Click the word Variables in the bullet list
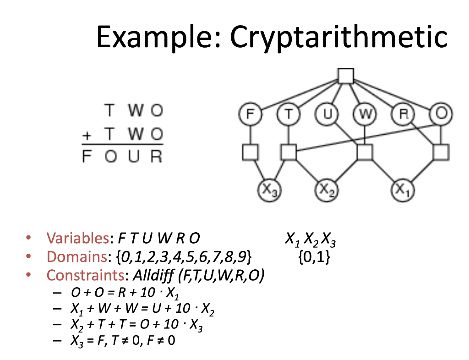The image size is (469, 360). pyautogui.click(x=77, y=238)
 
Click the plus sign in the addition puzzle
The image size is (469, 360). pyautogui.click(x=86, y=136)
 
